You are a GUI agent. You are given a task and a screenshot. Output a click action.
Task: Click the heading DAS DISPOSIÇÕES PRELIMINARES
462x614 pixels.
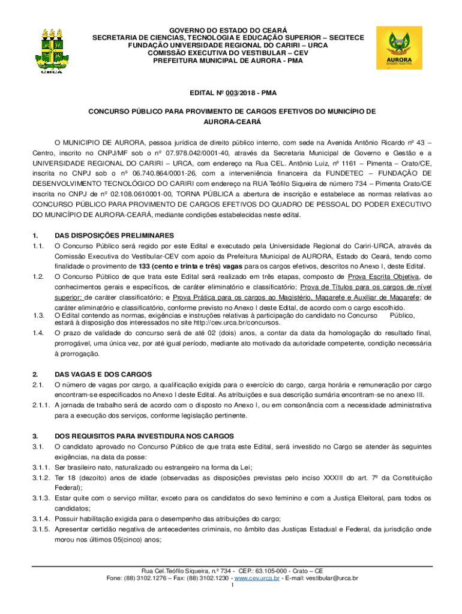114,235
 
